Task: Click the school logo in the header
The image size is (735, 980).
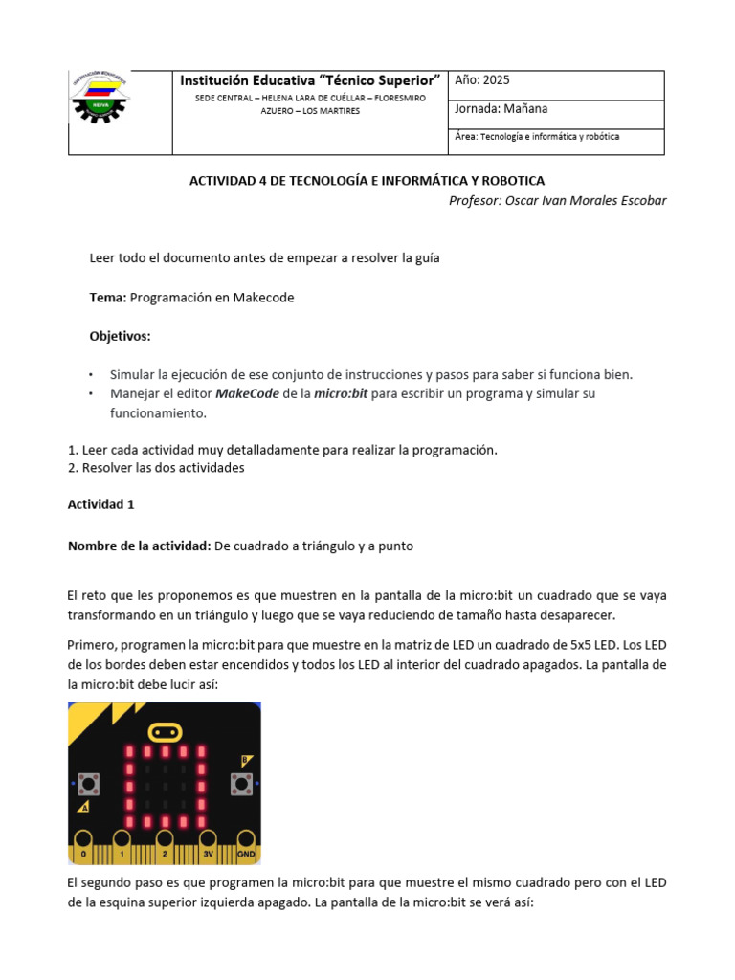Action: coord(101,99)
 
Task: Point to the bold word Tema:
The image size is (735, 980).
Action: coord(107,298)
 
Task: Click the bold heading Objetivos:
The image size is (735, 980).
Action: coord(120,337)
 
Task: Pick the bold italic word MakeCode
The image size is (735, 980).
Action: coord(244,394)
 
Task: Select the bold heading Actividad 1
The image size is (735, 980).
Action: coord(100,503)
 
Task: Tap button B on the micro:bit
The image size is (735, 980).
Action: coord(239,785)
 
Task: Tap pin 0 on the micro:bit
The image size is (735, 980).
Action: coord(84,852)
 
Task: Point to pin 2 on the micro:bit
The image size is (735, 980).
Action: coord(164,852)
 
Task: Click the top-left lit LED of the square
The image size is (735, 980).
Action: coord(127,754)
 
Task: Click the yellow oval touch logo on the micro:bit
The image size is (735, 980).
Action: coord(164,733)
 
